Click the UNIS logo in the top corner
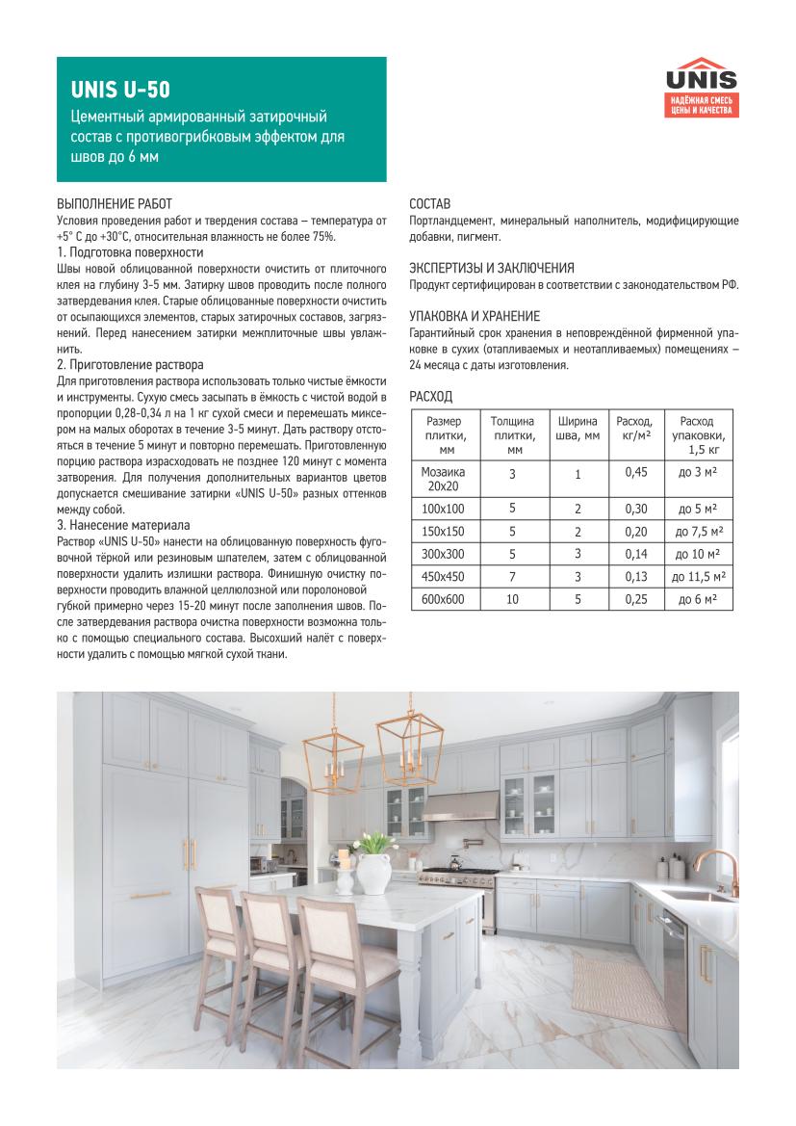pyautogui.click(x=704, y=88)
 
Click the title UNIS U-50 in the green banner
pyautogui.click(x=119, y=91)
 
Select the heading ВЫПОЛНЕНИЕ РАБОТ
pyautogui.click(x=115, y=204)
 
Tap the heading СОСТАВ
pyautogui.click(x=429, y=204)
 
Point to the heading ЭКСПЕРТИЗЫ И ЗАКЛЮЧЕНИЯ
pyautogui.click(x=492, y=268)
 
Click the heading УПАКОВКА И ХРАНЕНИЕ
pyautogui.click(x=475, y=316)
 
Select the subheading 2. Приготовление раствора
pyautogui.click(x=130, y=365)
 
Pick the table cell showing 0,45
pyautogui.click(x=634, y=472)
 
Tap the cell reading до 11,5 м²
pyautogui.click(x=699, y=576)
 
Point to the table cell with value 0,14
pyautogui.click(x=634, y=554)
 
